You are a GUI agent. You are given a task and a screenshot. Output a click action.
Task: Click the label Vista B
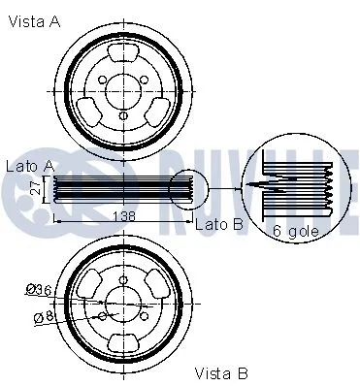[x=221, y=372]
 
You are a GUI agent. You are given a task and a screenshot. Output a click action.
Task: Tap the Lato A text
[x=30, y=167]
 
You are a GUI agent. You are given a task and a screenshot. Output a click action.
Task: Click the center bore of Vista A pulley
[x=122, y=91]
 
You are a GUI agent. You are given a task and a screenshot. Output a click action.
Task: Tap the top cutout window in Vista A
[x=122, y=56]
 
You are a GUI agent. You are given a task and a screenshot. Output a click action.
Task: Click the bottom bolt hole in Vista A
[x=122, y=117]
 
